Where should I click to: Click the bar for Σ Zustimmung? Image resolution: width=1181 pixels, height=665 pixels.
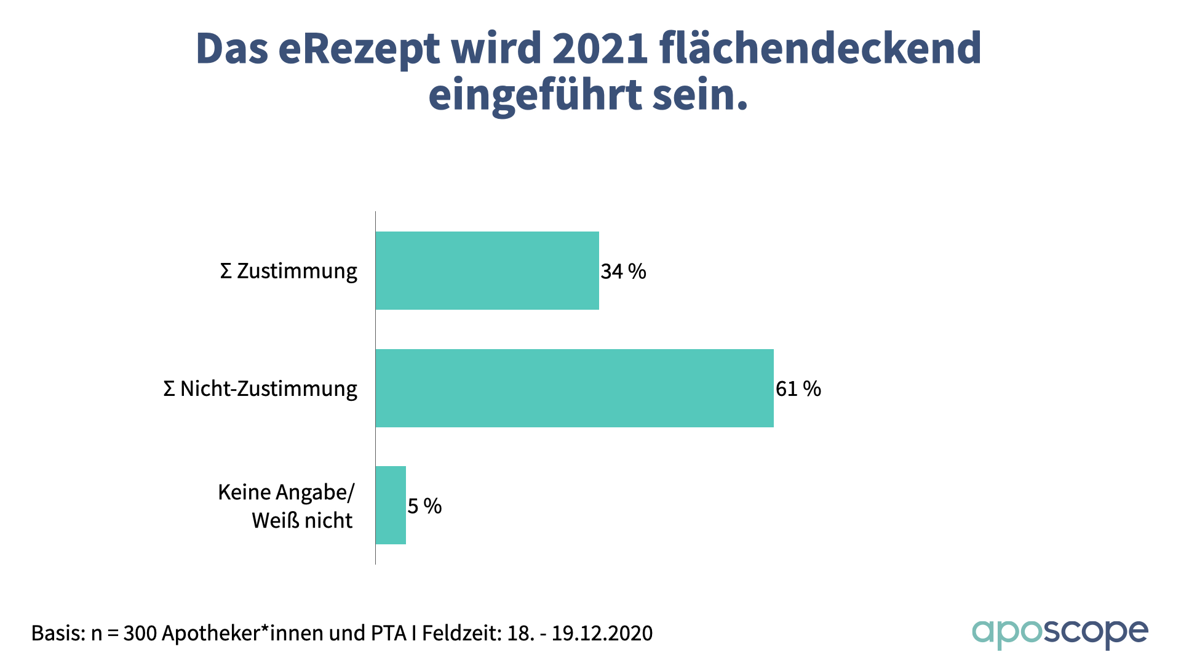487,271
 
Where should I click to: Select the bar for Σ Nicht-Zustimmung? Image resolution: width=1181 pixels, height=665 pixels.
575,389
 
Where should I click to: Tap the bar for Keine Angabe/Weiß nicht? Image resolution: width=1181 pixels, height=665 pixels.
391,506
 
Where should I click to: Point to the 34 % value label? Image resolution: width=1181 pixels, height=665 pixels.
623,272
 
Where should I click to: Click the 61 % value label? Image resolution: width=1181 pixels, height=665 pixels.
798,389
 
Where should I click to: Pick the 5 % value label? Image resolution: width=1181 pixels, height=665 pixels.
424,506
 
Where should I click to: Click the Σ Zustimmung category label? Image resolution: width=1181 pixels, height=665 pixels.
288,271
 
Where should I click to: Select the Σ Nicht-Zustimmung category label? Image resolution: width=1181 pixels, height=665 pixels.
260,389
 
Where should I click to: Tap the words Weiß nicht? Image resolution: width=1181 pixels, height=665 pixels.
302,521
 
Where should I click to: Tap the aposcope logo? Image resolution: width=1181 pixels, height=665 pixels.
1059,633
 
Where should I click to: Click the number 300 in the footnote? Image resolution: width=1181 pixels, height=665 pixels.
140,633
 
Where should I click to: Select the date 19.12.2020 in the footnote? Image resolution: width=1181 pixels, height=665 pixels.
602,633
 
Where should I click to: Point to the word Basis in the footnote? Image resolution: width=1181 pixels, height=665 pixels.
58,633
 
